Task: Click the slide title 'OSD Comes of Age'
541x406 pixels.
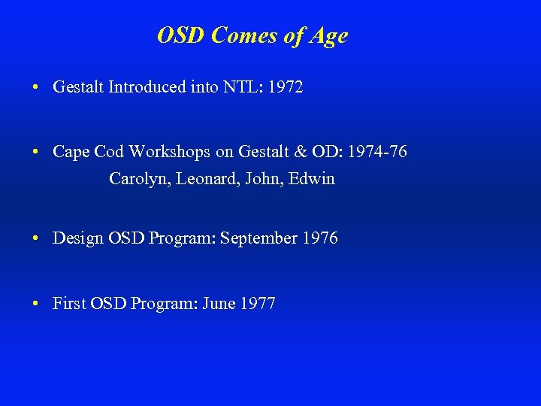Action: [x=252, y=35]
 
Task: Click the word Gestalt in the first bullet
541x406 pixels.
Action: [x=79, y=87]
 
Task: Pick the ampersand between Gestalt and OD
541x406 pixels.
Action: [x=301, y=152]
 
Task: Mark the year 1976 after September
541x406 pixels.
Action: [x=320, y=238]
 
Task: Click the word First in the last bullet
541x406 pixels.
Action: [x=68, y=304]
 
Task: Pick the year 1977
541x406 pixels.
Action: [x=258, y=304]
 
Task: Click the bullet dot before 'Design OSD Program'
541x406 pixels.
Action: [x=37, y=239]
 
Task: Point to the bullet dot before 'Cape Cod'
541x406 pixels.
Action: [x=37, y=153]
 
